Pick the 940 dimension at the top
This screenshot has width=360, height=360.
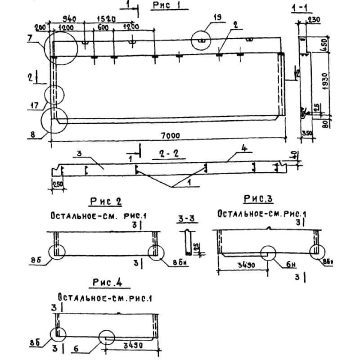(x=68, y=19)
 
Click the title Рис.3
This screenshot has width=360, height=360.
(x=259, y=198)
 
